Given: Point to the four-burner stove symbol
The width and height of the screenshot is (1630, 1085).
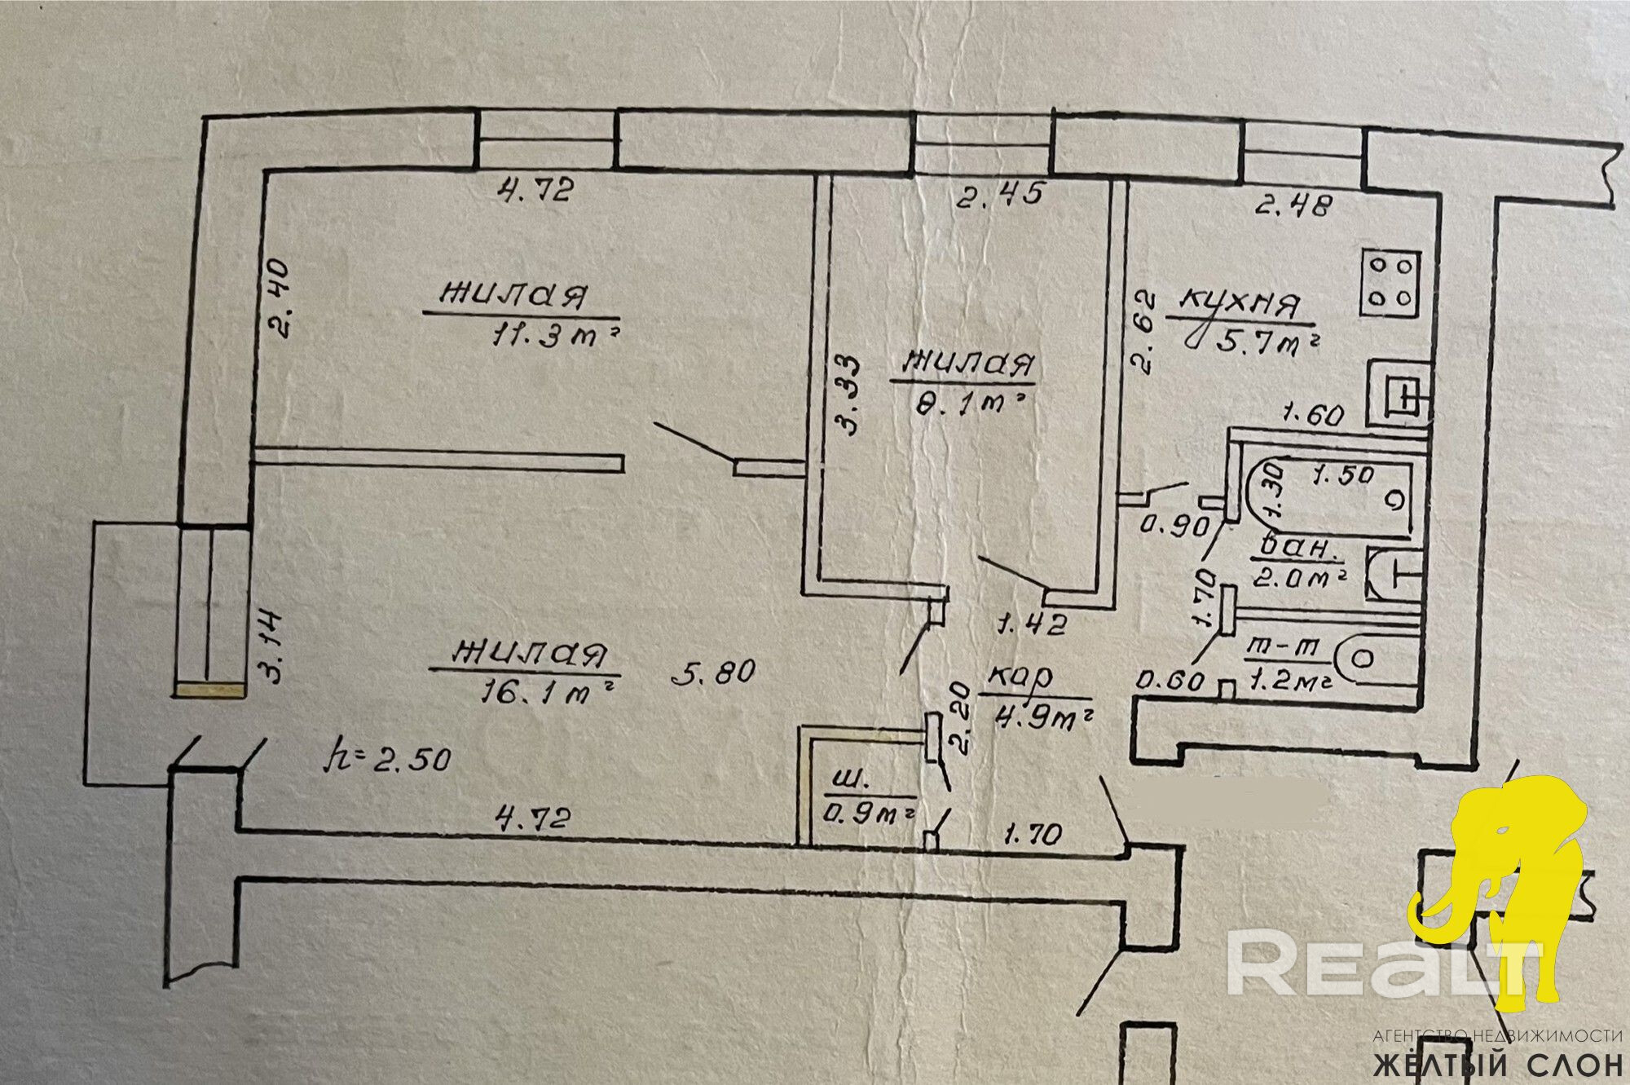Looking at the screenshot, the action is coord(1390,283).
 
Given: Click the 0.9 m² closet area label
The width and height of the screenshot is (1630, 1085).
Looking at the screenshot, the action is coord(869,810).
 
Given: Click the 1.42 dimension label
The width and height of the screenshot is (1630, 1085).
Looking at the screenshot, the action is coord(1032,625).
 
